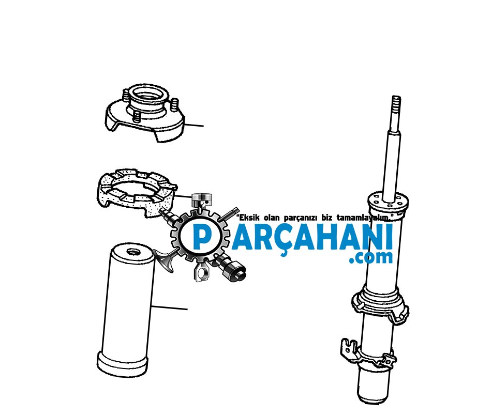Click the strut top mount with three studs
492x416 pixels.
pyautogui.click(x=144, y=112)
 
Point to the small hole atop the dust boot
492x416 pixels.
pyautogui.click(x=133, y=252)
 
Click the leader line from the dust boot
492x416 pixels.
pyautogui.click(x=170, y=307)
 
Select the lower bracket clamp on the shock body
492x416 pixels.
pyautogui.click(x=368, y=352)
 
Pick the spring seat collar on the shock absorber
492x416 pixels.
pyautogui.click(x=380, y=303)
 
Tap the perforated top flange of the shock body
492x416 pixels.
pyautogui.click(x=388, y=202)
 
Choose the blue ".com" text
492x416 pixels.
pyautogui.click(x=370, y=257)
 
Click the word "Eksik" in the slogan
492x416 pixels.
pyautogui.click(x=249, y=218)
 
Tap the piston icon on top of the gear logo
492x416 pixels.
pyautogui.click(x=201, y=201)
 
